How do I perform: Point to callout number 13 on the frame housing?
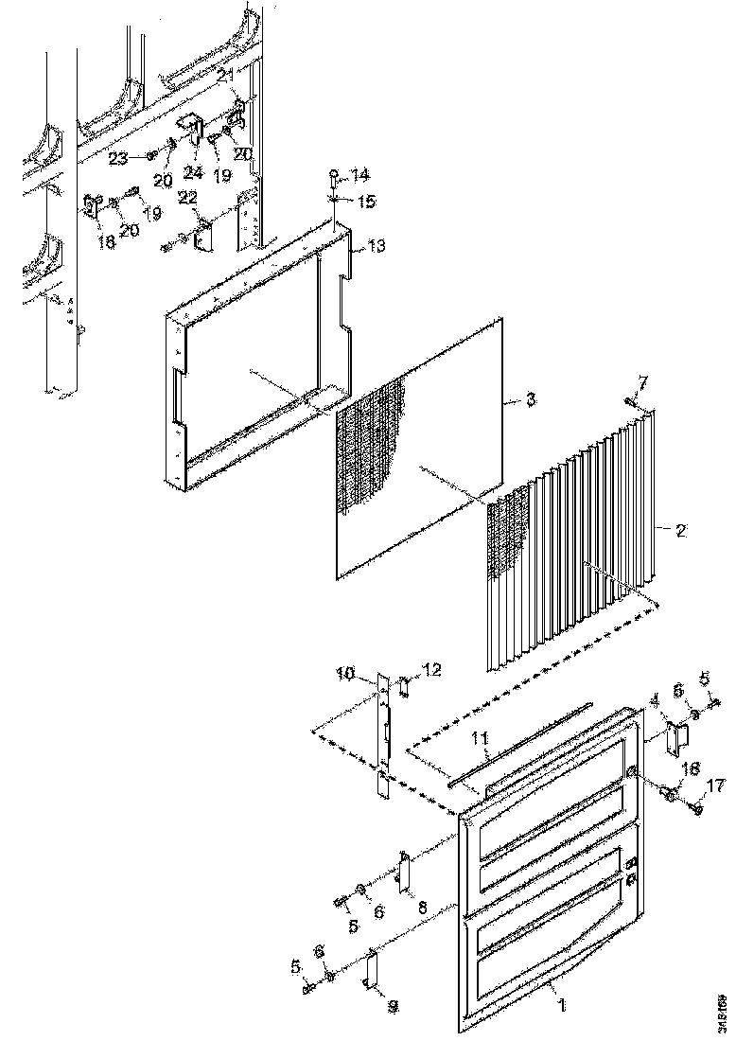point(376,247)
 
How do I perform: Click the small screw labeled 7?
point(631,402)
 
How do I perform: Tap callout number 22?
point(186,196)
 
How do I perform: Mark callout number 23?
point(118,159)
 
